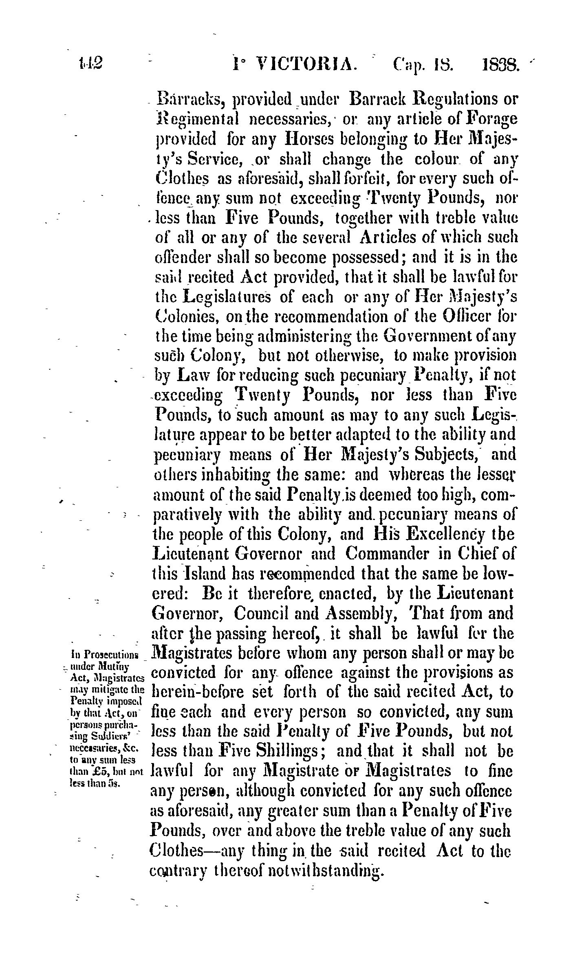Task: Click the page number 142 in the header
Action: [x=90, y=64]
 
